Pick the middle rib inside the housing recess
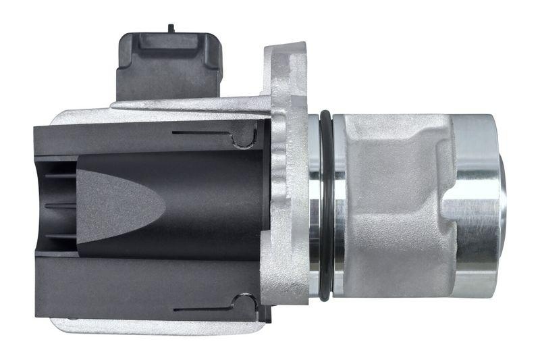59,203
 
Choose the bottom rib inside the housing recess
59,236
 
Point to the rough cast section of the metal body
391,203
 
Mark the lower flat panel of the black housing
135,284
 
